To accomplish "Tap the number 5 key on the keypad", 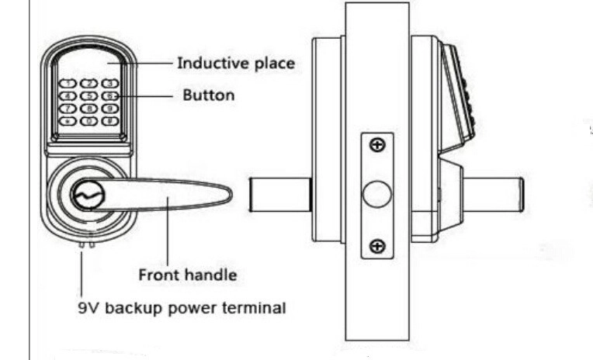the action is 89,96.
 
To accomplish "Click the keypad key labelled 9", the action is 110,109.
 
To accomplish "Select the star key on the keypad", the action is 68,121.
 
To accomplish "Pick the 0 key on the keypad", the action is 89,121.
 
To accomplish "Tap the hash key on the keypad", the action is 110,121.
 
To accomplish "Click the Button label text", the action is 209,95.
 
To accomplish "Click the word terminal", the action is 254,307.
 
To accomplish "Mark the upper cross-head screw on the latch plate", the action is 377,145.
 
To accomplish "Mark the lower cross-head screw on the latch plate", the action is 377,246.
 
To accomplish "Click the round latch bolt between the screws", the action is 376,194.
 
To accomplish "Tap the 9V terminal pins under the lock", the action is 87,244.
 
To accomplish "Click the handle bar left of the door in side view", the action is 281,195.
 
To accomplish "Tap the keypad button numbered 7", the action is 68,109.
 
